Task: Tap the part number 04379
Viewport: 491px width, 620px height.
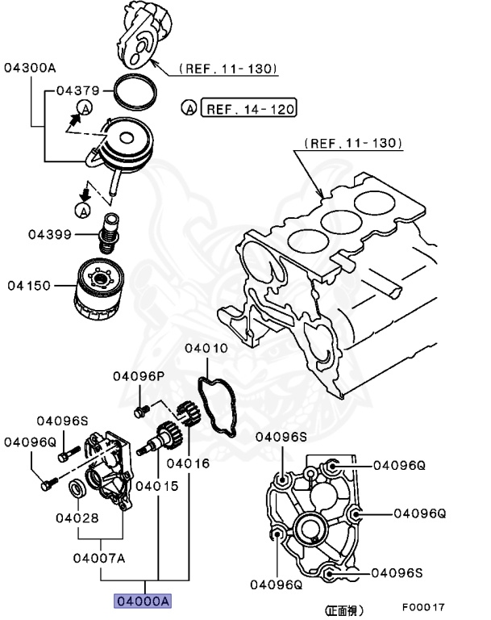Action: point(77,91)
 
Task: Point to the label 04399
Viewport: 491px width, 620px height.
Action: point(50,235)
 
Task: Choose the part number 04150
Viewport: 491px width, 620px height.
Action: point(31,286)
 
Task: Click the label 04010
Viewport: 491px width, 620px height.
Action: point(206,349)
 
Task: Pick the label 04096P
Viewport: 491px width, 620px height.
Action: point(138,375)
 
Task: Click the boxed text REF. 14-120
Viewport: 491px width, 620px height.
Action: point(249,107)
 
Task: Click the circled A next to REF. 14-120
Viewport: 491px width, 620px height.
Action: point(189,107)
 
